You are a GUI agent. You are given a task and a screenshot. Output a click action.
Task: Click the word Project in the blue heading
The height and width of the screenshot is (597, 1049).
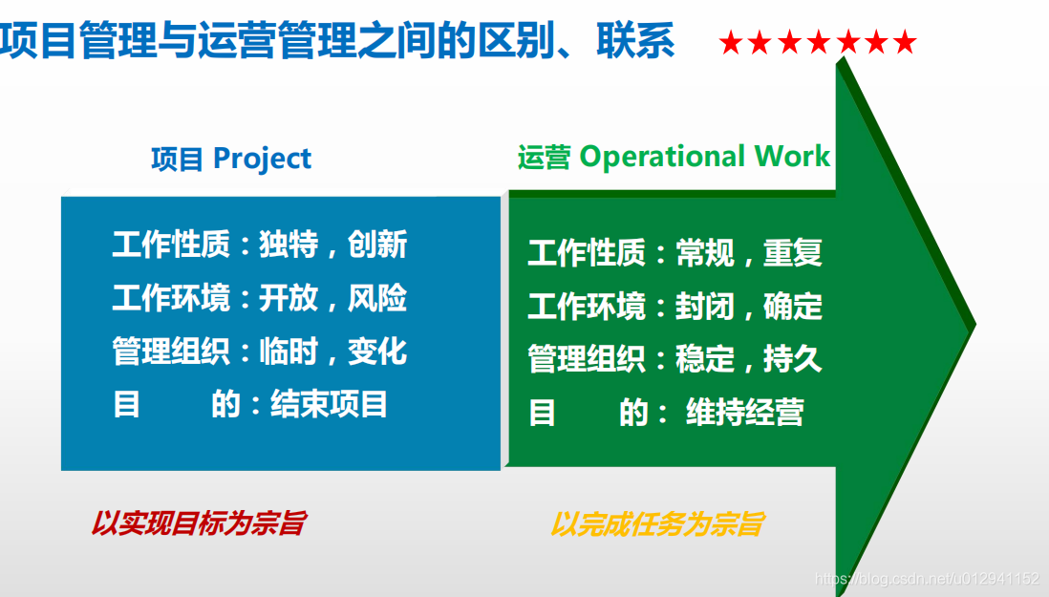[x=262, y=160]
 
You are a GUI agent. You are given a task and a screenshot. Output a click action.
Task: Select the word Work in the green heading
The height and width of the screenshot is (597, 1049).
[x=792, y=157]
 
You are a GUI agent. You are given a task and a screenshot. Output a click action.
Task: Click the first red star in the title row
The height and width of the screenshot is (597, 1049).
[x=731, y=43]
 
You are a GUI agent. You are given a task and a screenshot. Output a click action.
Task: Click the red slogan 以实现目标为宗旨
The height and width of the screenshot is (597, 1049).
[x=199, y=522]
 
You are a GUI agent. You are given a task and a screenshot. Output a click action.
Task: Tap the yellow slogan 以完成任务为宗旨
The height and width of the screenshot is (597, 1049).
[x=656, y=524]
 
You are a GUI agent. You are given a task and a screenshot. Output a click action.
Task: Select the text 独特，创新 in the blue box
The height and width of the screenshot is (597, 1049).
[x=333, y=244]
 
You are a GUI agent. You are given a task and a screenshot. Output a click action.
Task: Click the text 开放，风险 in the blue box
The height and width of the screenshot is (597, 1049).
[x=333, y=297]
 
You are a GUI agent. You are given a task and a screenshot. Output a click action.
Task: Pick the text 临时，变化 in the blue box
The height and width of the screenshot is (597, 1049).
[x=333, y=351]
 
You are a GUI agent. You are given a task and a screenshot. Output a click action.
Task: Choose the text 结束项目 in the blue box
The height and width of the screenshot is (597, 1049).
[x=330, y=404]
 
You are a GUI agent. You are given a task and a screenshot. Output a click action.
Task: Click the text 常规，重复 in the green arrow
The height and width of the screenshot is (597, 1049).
[x=749, y=253]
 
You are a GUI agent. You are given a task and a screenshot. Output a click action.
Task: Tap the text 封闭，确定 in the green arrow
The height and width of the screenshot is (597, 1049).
[x=749, y=307]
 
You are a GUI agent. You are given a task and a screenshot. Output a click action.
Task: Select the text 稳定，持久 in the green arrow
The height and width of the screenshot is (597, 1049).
[x=749, y=359]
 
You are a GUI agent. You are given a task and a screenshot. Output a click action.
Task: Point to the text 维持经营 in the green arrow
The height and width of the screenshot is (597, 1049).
[x=744, y=412]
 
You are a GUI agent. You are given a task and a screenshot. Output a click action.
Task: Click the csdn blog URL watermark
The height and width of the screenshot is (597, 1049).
[x=928, y=578]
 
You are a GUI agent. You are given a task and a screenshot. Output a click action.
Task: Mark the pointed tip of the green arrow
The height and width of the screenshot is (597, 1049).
[x=975, y=325]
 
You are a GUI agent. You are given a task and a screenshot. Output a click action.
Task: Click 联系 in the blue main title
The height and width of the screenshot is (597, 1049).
[x=635, y=41]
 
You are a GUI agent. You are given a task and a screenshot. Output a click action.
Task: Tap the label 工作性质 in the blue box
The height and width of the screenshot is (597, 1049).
[x=171, y=244]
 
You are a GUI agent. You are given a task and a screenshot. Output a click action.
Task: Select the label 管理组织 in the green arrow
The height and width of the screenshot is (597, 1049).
[x=587, y=359]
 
